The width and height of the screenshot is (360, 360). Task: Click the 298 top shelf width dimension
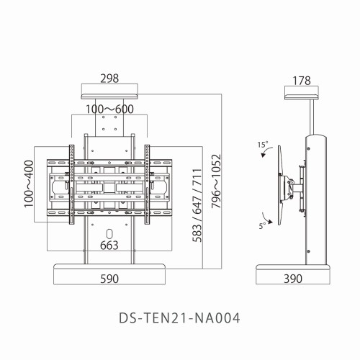[x=109, y=78]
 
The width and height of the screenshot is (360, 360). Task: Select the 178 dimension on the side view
[x=302, y=81]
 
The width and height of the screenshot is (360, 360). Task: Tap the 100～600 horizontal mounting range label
[x=109, y=109]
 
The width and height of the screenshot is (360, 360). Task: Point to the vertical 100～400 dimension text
[x=29, y=184]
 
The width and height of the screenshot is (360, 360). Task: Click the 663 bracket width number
[x=109, y=246]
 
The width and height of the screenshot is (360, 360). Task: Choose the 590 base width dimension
[x=109, y=279]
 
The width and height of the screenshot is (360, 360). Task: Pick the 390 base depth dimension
[x=293, y=279]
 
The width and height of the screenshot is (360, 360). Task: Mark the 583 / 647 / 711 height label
[x=197, y=205]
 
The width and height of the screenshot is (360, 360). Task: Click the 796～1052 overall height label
[x=216, y=181]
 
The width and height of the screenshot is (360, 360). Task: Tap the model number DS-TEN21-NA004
[x=179, y=318]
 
